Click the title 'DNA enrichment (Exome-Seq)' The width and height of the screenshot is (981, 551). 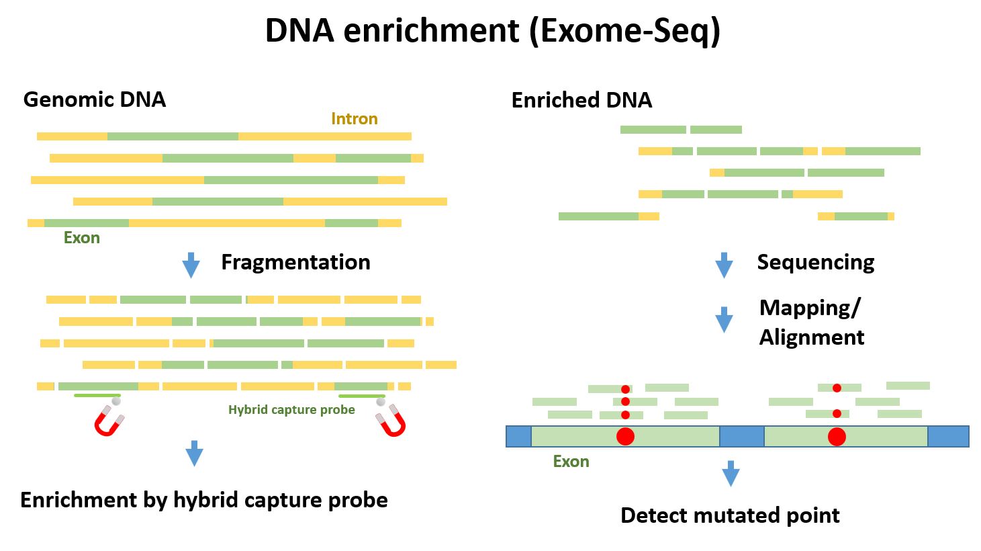click(x=492, y=31)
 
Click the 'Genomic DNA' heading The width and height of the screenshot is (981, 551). click(x=94, y=99)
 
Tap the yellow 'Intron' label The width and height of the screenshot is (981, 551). click(x=354, y=119)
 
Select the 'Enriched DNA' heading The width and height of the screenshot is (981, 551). click(x=581, y=100)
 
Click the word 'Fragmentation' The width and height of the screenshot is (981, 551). click(x=295, y=262)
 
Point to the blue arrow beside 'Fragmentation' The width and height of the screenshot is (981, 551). click(x=191, y=265)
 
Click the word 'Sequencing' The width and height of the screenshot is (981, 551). click(x=815, y=262)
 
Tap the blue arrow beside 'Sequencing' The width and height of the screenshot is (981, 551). click(x=724, y=265)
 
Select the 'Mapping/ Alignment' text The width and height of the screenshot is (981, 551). click(x=811, y=322)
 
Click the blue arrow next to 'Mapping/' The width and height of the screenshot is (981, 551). click(x=724, y=319)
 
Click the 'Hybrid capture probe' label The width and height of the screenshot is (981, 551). click(x=291, y=410)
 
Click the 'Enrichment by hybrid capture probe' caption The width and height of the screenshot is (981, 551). click(x=204, y=500)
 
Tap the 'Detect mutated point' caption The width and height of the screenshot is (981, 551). click(x=730, y=515)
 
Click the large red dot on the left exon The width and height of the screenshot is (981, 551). click(x=625, y=436)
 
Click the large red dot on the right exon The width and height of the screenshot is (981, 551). click(x=837, y=437)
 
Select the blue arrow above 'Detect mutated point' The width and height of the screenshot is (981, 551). click(x=731, y=473)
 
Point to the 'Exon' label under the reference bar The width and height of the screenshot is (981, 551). click(x=571, y=462)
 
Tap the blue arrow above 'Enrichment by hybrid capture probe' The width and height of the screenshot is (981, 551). click(x=194, y=453)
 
